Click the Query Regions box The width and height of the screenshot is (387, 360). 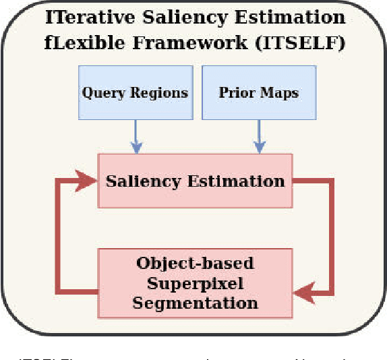(x=135, y=92)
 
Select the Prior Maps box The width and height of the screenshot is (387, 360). (x=258, y=92)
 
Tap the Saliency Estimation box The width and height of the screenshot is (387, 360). (x=196, y=181)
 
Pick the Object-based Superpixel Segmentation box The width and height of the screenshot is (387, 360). (x=196, y=282)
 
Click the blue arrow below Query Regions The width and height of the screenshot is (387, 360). (x=135, y=137)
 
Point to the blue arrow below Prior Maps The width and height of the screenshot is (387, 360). (x=258, y=137)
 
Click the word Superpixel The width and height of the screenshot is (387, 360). (x=195, y=282)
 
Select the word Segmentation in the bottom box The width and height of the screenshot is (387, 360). (x=195, y=303)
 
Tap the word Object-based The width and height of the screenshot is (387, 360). (x=195, y=263)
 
